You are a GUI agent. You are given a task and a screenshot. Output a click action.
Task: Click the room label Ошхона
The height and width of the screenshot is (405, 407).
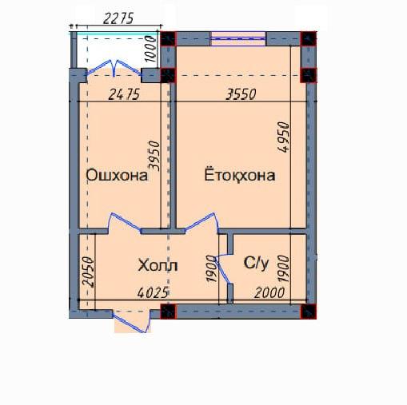click(x=117, y=176)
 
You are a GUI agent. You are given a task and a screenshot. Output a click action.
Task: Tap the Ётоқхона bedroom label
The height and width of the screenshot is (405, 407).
click(x=240, y=175)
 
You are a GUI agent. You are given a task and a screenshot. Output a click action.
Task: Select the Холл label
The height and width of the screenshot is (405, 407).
click(x=158, y=265)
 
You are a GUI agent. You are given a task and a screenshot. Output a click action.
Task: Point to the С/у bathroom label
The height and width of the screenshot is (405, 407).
click(x=256, y=263)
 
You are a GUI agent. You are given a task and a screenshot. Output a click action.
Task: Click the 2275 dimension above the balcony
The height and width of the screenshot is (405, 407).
click(x=118, y=18)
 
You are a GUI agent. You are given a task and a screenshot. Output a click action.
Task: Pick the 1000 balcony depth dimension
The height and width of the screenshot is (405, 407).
click(x=151, y=49)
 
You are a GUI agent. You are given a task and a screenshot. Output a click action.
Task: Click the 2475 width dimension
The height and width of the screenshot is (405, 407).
click(x=124, y=94)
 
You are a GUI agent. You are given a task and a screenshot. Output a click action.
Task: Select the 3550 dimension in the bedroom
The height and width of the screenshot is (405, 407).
click(x=241, y=94)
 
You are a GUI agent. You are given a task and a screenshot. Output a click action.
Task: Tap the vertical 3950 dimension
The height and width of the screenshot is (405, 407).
click(x=154, y=156)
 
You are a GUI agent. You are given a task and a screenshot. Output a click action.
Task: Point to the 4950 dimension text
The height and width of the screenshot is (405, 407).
click(x=283, y=137)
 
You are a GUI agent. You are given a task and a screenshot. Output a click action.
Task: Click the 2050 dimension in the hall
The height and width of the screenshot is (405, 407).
click(x=88, y=272)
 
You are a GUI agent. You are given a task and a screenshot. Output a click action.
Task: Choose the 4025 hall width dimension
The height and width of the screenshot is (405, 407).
click(x=153, y=292)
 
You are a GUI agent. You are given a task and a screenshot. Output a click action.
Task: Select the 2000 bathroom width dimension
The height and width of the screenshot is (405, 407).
click(x=269, y=293)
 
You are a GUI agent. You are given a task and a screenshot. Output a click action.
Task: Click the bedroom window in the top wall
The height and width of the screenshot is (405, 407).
click(x=237, y=38)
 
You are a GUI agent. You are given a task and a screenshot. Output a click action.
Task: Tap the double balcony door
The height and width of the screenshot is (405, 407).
click(x=114, y=69)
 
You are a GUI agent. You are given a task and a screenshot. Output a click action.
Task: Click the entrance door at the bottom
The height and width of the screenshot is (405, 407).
click(x=131, y=322)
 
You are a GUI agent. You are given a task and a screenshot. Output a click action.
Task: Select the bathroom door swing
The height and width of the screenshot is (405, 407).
click(x=224, y=269)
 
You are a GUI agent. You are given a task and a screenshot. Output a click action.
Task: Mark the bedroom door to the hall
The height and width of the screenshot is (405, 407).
click(x=202, y=221)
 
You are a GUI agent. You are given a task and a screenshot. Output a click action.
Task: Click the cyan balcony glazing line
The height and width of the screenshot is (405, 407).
click(x=114, y=34)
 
